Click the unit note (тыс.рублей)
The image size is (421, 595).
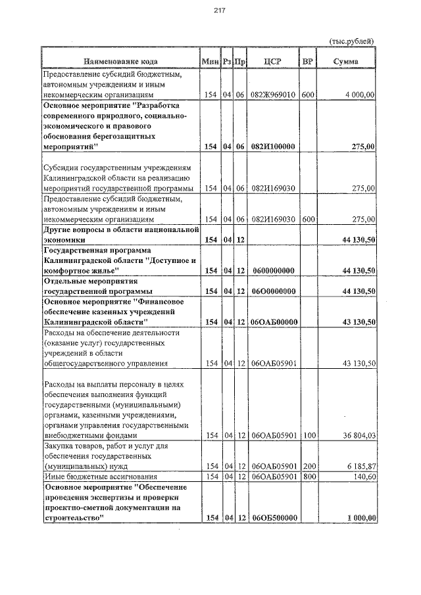click(x=352, y=41)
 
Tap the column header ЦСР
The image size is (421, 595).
click(x=272, y=61)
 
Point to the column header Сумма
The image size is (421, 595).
click(x=345, y=61)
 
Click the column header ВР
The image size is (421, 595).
click(x=307, y=61)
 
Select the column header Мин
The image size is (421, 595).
click(x=210, y=61)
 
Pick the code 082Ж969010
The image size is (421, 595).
click(x=272, y=95)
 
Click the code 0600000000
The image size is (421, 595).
click(x=272, y=270)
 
